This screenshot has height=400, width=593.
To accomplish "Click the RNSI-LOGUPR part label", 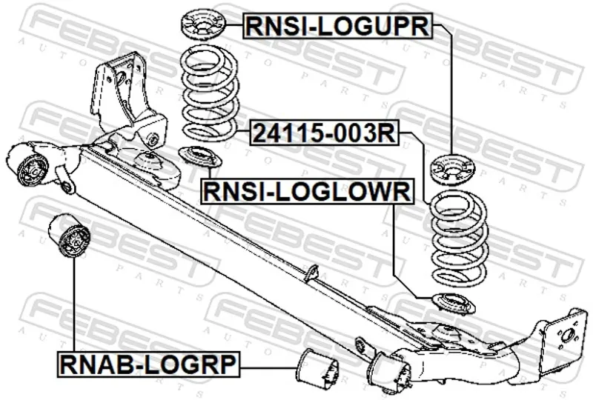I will click(337, 27).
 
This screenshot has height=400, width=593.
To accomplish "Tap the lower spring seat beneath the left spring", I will click(197, 157).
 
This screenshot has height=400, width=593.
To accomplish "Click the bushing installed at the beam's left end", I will click(30, 167).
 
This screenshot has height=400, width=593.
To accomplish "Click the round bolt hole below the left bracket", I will click(152, 139).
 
